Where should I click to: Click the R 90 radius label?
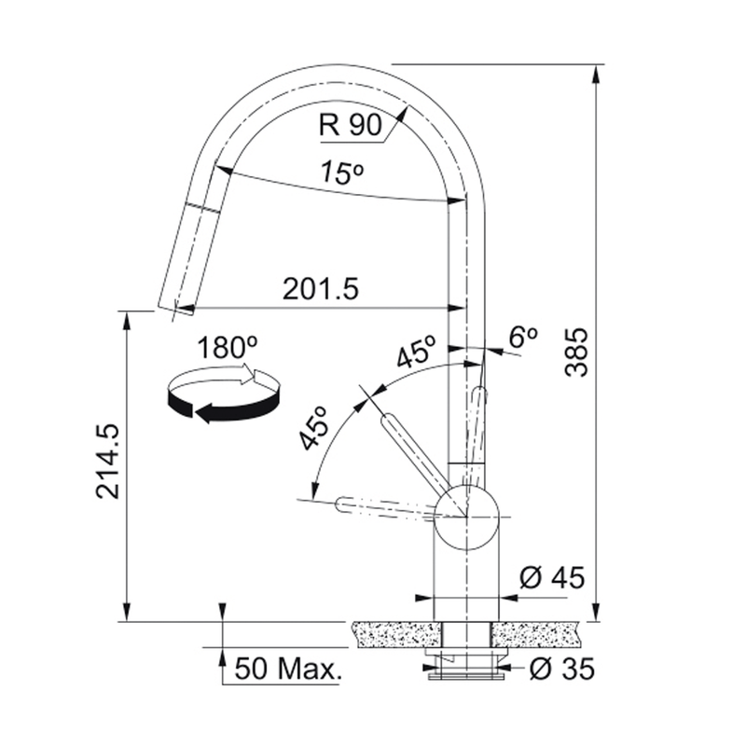coord(351,125)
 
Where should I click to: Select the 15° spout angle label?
coord(341,173)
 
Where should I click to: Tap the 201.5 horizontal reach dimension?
coord(320,289)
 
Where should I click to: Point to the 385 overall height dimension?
coord(576,352)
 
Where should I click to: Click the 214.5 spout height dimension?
coord(107,462)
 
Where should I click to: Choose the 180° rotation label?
coord(227,347)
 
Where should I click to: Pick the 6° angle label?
coord(523,337)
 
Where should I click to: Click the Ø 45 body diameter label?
coord(552,578)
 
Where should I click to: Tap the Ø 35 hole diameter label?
coord(562,670)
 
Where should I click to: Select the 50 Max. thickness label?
coord(288,669)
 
